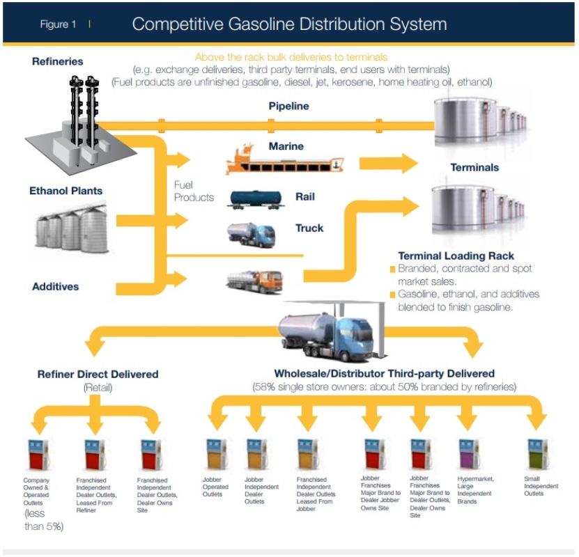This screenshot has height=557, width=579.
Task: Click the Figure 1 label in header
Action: click(58, 24)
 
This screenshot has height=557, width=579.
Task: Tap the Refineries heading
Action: click(57, 61)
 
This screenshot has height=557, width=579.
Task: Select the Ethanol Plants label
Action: click(65, 190)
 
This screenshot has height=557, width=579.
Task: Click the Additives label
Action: click(55, 286)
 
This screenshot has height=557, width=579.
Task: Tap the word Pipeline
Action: click(288, 107)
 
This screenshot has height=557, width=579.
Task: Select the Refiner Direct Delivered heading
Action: click(98, 374)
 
